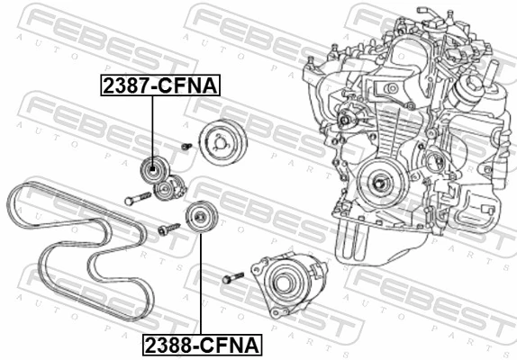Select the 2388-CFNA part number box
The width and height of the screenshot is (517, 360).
[x=200, y=344]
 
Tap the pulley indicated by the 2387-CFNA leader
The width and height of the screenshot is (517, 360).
[x=152, y=169]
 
